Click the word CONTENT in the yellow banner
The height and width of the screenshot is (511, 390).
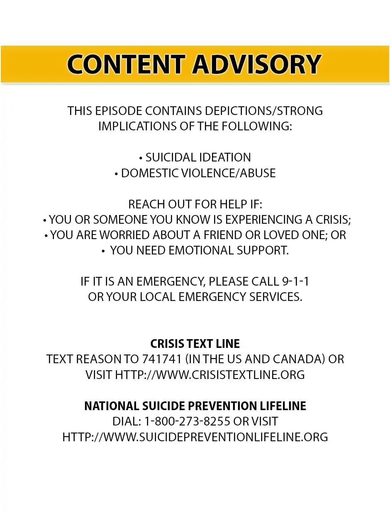(x=126, y=64)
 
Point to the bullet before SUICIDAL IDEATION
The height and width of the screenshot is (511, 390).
(x=141, y=158)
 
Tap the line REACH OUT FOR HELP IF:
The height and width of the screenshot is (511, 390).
(x=195, y=204)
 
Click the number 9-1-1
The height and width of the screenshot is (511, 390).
(x=295, y=282)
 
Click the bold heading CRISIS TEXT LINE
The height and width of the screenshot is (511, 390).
(x=195, y=344)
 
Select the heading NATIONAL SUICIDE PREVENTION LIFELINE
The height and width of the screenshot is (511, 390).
(x=195, y=406)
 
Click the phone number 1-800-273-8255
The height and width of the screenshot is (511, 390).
(x=187, y=421)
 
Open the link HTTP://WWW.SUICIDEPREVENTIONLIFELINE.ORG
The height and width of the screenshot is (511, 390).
(x=195, y=437)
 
